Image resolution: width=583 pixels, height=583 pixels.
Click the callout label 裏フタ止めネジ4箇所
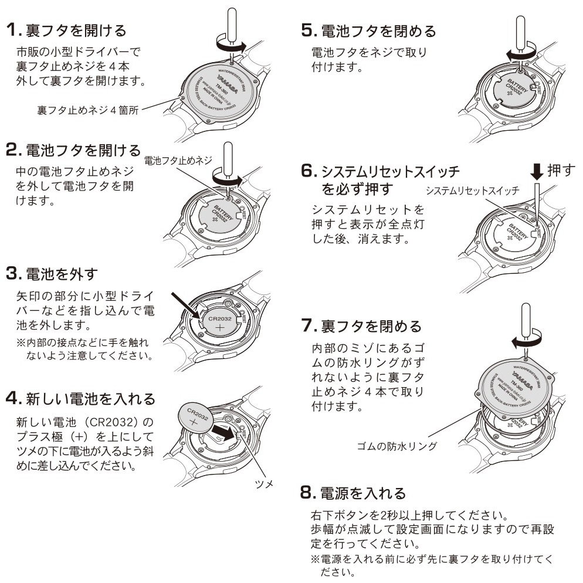(87, 110)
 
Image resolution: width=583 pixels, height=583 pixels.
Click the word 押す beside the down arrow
(562, 171)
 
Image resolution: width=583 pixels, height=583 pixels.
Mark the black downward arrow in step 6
(537, 171)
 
